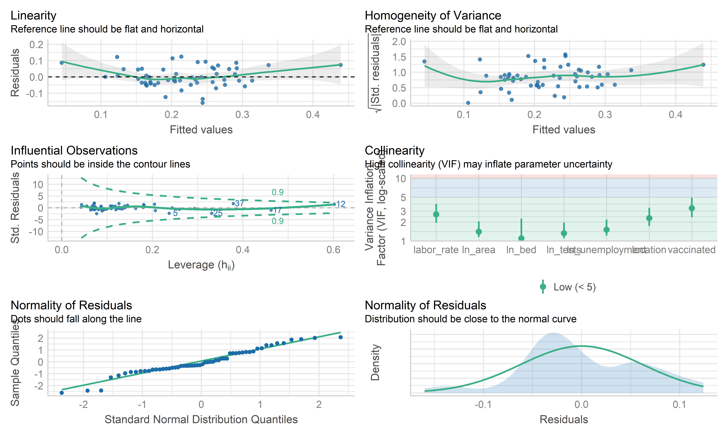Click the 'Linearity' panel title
[33, 15]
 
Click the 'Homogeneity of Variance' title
[433, 15]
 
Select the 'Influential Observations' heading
[74, 150]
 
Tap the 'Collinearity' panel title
[395, 150]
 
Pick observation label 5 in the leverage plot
[175, 213]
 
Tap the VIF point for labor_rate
[436, 214]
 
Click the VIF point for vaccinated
[692, 208]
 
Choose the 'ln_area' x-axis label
[478, 250]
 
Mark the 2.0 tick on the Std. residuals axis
[399, 42]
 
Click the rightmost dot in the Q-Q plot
[340, 337]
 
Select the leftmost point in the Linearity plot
[62, 63]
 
